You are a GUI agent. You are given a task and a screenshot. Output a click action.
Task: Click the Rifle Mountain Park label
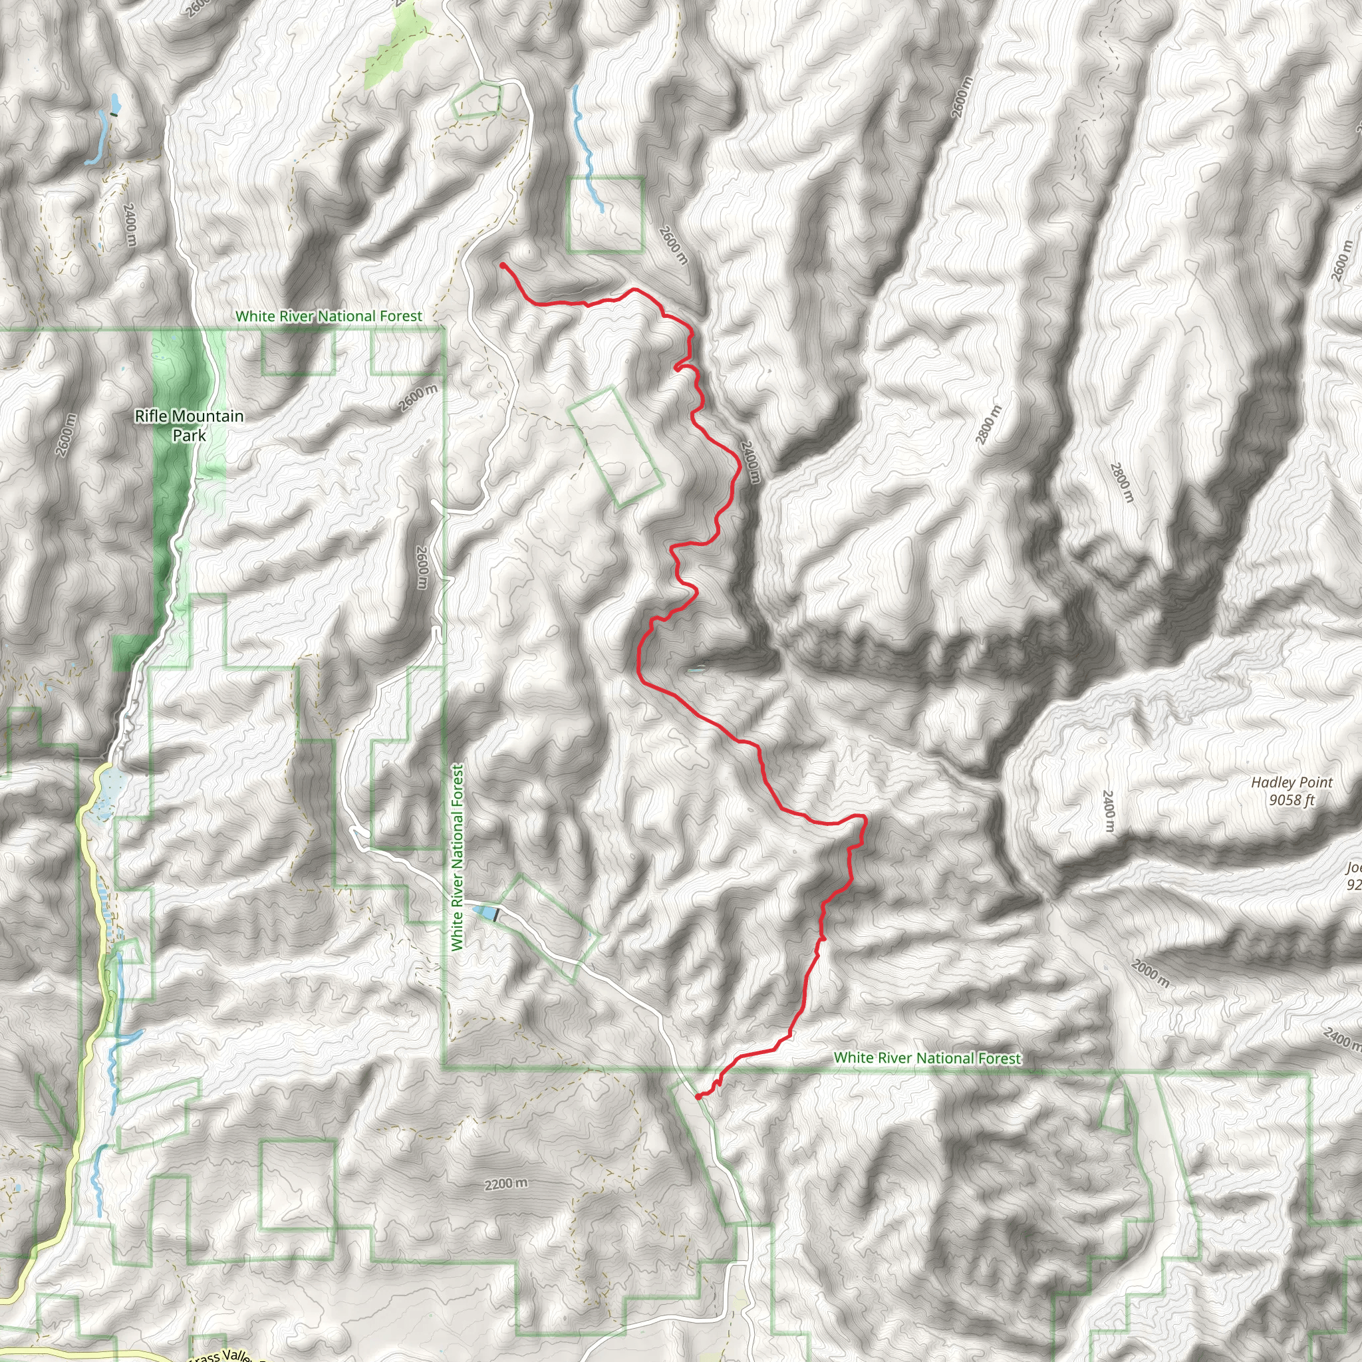[x=189, y=426]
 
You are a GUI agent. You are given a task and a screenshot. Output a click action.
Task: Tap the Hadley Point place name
[x=1292, y=783]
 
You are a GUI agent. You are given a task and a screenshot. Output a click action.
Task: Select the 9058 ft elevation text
[x=1292, y=800]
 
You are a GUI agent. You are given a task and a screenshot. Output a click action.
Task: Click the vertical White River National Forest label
[x=458, y=858]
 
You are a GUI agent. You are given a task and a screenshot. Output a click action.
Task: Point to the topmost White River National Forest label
[x=329, y=317]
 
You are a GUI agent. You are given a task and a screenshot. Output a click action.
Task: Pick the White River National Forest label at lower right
[x=927, y=1058]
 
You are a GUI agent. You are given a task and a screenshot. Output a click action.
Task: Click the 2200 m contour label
[x=505, y=1184]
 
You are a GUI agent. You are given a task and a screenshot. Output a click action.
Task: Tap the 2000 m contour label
[x=1150, y=974]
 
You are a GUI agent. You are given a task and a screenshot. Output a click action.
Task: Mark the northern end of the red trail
[x=502, y=265]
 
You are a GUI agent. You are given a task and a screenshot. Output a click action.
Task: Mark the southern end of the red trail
[x=697, y=1097]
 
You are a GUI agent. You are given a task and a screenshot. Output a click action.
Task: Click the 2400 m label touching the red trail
[x=751, y=462]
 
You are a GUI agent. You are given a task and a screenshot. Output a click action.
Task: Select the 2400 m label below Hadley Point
[x=1107, y=811]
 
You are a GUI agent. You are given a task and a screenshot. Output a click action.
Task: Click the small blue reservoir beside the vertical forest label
[x=485, y=913]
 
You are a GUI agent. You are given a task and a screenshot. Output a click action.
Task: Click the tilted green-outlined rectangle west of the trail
[x=615, y=446]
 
